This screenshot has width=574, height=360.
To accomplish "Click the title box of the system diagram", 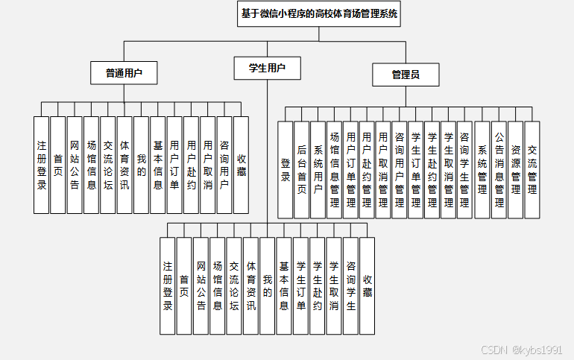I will pos(319,13).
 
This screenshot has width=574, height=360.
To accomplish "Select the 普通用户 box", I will pos(124,72).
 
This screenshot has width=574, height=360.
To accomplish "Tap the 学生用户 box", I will pos(267,69).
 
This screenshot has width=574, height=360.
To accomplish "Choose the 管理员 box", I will pos(406,75).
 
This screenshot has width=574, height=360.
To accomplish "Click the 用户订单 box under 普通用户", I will pos(174,165).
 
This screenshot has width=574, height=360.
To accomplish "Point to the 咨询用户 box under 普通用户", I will pos(224,165).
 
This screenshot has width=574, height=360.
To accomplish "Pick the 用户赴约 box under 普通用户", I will pos(191,165).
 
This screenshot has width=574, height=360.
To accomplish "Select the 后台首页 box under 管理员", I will pos(302,170).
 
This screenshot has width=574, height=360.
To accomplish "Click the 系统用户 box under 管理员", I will pos(318,170).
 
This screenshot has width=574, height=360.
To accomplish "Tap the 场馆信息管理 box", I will pos(335,170).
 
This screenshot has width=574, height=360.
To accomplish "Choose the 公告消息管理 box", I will pos(499,170).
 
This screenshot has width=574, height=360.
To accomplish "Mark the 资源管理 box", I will pos(515,170).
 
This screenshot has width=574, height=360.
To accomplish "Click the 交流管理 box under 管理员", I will pos(532,170).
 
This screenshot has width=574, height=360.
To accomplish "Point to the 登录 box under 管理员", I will pos(286,170).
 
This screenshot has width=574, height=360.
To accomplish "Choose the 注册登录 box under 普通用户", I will pos(41,165).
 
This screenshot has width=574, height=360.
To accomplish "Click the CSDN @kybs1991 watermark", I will pos(522,350).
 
